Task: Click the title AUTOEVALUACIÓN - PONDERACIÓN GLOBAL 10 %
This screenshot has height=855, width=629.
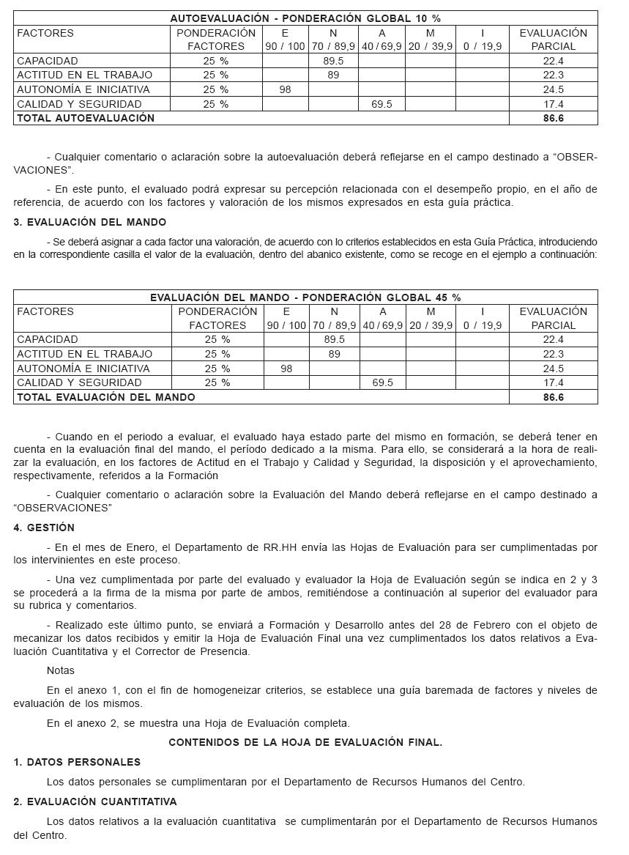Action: [305, 18]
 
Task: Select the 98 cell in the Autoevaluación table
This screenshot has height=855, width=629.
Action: [285, 89]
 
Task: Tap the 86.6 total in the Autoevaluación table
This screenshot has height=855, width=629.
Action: [553, 118]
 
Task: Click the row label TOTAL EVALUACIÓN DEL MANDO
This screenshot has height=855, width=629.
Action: [106, 397]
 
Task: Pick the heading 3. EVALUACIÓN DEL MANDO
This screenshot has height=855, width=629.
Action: [90, 222]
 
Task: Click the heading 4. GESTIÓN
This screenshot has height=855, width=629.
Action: [44, 528]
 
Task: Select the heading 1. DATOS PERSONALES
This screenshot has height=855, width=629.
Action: [77, 762]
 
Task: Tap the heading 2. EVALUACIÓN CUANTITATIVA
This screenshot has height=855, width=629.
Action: [95, 802]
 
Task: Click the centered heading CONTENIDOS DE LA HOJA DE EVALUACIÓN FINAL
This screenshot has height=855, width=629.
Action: [305, 742]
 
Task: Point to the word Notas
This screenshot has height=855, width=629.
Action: [61, 670]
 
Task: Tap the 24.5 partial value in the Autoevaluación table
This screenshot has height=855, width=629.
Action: [553, 89]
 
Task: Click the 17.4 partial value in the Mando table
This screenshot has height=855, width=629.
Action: [553, 382]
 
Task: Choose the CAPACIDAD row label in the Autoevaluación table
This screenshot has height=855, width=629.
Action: [48, 61]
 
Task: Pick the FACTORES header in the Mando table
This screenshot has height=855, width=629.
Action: [45, 311]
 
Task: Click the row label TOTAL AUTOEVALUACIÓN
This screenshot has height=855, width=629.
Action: [86, 118]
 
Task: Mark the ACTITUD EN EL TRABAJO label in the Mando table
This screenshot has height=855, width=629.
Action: [85, 354]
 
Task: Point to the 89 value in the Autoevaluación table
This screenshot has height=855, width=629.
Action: [333, 75]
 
